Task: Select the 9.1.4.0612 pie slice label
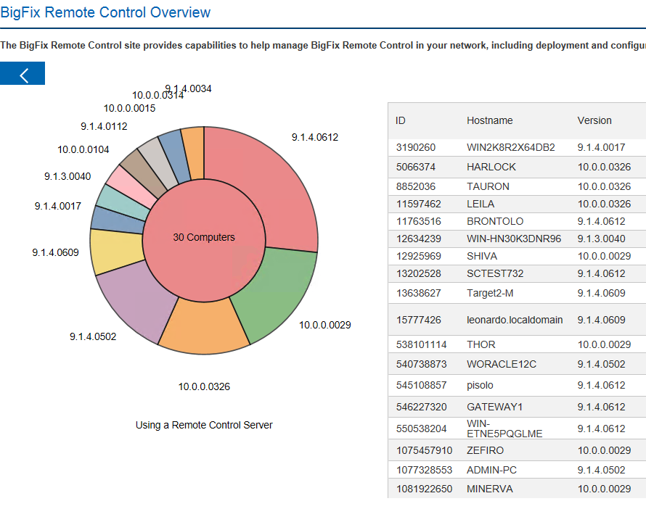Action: tap(315, 137)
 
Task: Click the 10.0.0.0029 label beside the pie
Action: tap(325, 325)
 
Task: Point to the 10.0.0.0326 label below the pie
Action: tap(204, 386)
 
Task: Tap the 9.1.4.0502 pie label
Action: tap(93, 336)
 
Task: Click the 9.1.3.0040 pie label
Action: tap(68, 176)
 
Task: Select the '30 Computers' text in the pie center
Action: tap(204, 237)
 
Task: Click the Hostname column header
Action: tap(489, 120)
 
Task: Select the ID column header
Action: tap(401, 120)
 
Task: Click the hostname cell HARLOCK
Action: tap(491, 167)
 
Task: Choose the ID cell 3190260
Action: tap(416, 147)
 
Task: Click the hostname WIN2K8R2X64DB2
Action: tap(511, 147)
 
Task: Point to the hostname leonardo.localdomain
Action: tap(515, 320)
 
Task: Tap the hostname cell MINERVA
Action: tap(490, 489)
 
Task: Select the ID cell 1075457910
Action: tap(424, 450)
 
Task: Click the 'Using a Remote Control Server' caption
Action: tap(204, 425)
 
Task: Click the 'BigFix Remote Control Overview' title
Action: tap(106, 12)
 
